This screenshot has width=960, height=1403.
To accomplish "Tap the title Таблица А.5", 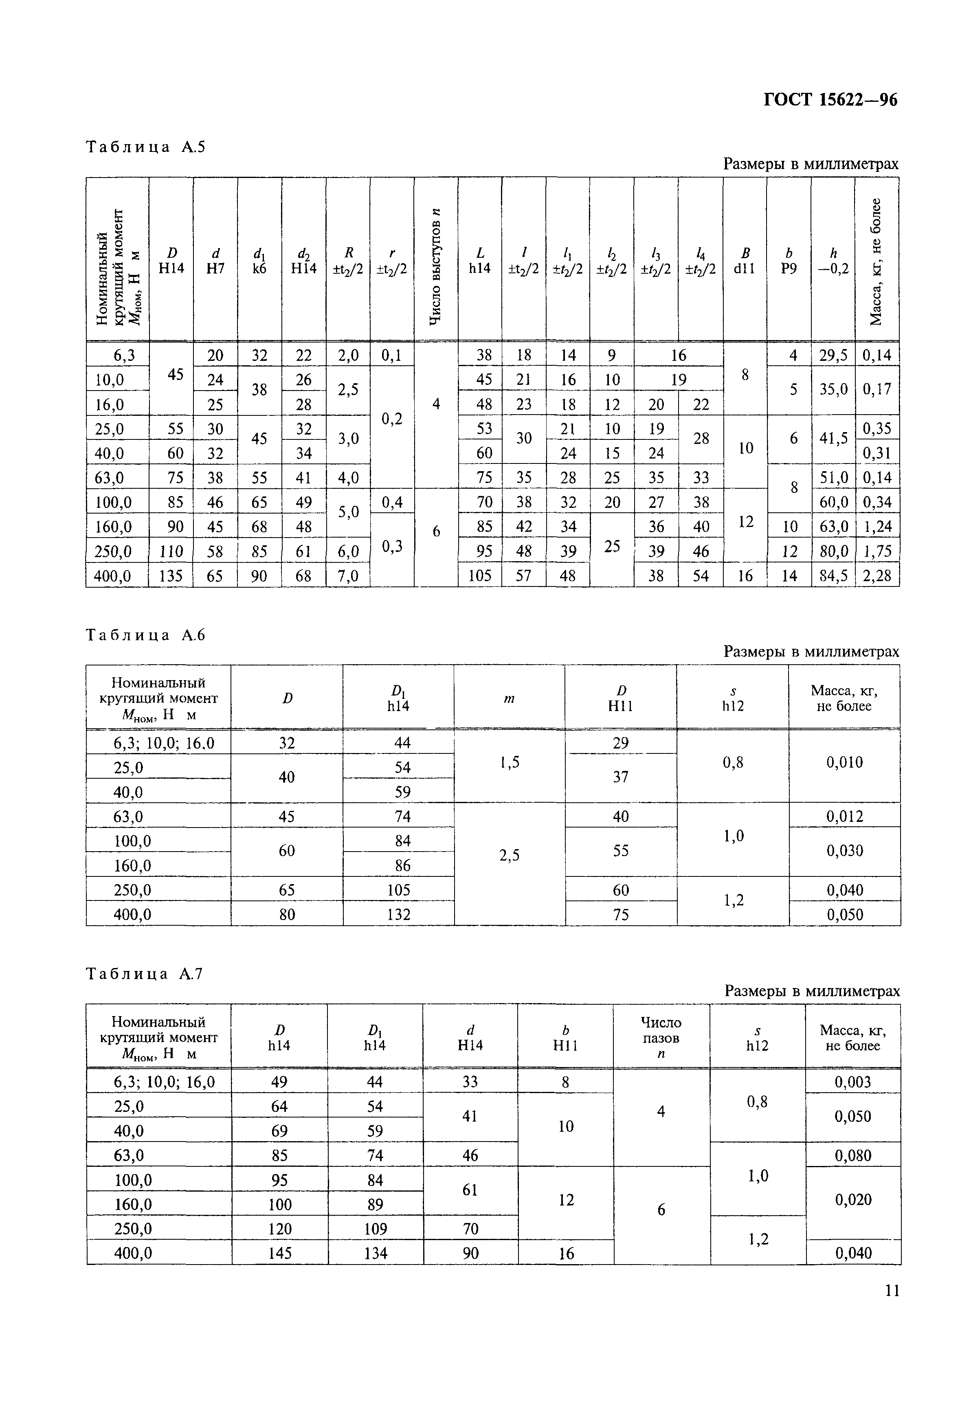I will tap(145, 147).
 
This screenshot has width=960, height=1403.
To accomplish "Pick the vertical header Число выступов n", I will tap(436, 266).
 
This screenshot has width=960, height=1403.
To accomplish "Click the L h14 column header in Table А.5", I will tap(480, 260).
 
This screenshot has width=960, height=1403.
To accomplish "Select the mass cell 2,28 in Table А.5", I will tap(877, 576).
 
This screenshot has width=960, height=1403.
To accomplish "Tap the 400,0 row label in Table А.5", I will tap(114, 576).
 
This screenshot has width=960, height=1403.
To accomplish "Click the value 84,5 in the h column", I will tap(833, 576).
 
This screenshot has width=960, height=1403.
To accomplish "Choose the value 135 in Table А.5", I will tap(171, 576).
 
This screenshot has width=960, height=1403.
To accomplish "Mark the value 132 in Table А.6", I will tap(398, 915).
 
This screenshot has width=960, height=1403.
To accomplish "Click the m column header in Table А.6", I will tap(509, 698).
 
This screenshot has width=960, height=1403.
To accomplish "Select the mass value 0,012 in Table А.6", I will tap(844, 816).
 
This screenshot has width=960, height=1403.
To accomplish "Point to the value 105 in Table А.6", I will tap(398, 890).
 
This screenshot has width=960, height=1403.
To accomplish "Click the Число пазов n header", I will tap(661, 1038).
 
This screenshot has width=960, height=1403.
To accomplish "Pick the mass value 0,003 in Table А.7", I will tap(852, 1082).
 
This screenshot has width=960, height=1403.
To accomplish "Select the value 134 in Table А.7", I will tap(375, 1254).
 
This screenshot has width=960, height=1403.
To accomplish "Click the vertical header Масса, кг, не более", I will tap(876, 261).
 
